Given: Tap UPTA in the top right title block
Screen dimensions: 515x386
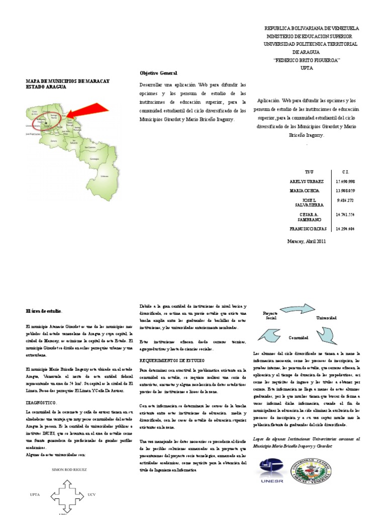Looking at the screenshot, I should pyautogui.click(x=307, y=67).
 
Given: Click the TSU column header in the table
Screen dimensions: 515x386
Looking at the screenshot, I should pyautogui.click(x=302, y=171).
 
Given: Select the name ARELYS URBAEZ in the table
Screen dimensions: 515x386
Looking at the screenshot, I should pyautogui.click(x=307, y=181).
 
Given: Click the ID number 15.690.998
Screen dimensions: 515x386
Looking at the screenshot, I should pyautogui.click(x=345, y=181).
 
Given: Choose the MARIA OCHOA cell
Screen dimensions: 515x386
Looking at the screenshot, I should pyautogui.click(x=304, y=191).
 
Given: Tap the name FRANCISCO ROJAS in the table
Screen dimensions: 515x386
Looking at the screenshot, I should pyautogui.click(x=308, y=228).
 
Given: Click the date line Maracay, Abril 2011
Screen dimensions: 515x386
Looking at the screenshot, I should pyautogui.click(x=307, y=241).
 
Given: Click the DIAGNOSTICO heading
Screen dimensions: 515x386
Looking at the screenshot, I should pyautogui.click(x=41, y=403).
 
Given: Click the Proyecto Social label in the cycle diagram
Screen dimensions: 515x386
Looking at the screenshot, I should pyautogui.click(x=271, y=316).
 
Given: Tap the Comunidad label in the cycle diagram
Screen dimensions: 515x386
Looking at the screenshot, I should pyautogui.click(x=298, y=337).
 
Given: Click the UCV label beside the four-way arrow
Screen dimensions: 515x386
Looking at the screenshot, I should pyautogui.click(x=91, y=495).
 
